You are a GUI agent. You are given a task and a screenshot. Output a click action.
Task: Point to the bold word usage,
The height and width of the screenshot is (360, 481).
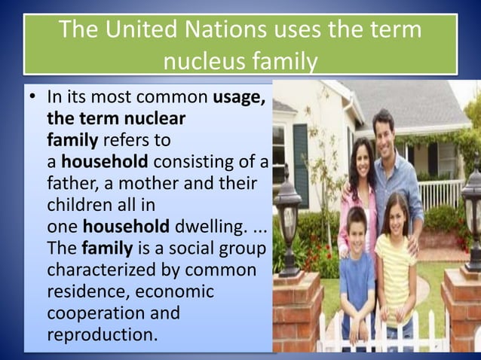click(x=239, y=98)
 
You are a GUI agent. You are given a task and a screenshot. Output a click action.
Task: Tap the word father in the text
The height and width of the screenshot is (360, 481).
click(x=72, y=184)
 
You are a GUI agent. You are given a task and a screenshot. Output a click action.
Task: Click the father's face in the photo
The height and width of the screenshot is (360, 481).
click(x=384, y=131)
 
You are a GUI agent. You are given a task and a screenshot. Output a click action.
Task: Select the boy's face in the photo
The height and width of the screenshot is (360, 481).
click(x=357, y=224)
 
